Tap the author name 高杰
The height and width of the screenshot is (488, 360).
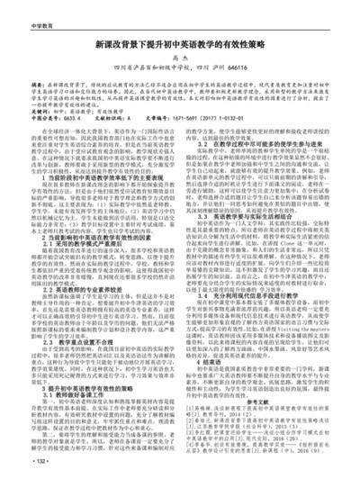pos(179,57)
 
